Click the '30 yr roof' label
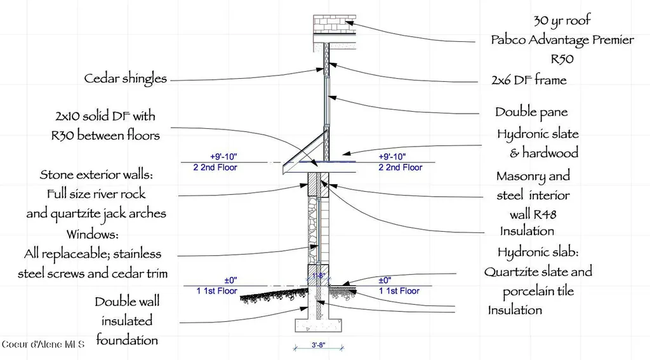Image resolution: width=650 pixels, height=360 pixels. coord(562,20)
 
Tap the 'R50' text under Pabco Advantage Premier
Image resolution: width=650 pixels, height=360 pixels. coord(562,59)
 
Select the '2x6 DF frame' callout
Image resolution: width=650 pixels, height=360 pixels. coord(529,79)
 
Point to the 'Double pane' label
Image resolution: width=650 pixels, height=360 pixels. coord(531,112)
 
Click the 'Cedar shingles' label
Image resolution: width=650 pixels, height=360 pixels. coord(126,78)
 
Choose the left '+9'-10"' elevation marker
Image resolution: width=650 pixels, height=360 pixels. coord(223,157)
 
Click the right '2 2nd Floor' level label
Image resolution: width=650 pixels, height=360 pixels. coord(400,168)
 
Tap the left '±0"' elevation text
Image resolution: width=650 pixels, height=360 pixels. coord(230,281)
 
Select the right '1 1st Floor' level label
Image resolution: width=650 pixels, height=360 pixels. coord(399,291)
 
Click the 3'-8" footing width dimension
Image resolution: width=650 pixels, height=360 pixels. coord(319,345)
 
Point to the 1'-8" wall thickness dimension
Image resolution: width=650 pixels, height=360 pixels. coord(319,276)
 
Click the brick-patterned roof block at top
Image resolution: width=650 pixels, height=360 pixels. coord(335,24)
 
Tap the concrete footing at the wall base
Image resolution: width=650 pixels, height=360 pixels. coord(319,325)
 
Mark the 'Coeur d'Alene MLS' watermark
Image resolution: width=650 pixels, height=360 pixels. coord(43,344)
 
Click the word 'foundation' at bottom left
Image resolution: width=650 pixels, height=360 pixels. coord(127,340)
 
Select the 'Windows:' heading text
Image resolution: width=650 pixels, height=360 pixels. coord(93,234)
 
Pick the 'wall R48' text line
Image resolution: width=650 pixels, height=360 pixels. coord(533,215)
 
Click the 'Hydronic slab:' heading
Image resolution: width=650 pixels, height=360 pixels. coord(538,252)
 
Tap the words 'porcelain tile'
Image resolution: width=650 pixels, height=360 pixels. coord(538,291)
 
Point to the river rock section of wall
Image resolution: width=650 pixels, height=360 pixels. coord(312,230)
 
